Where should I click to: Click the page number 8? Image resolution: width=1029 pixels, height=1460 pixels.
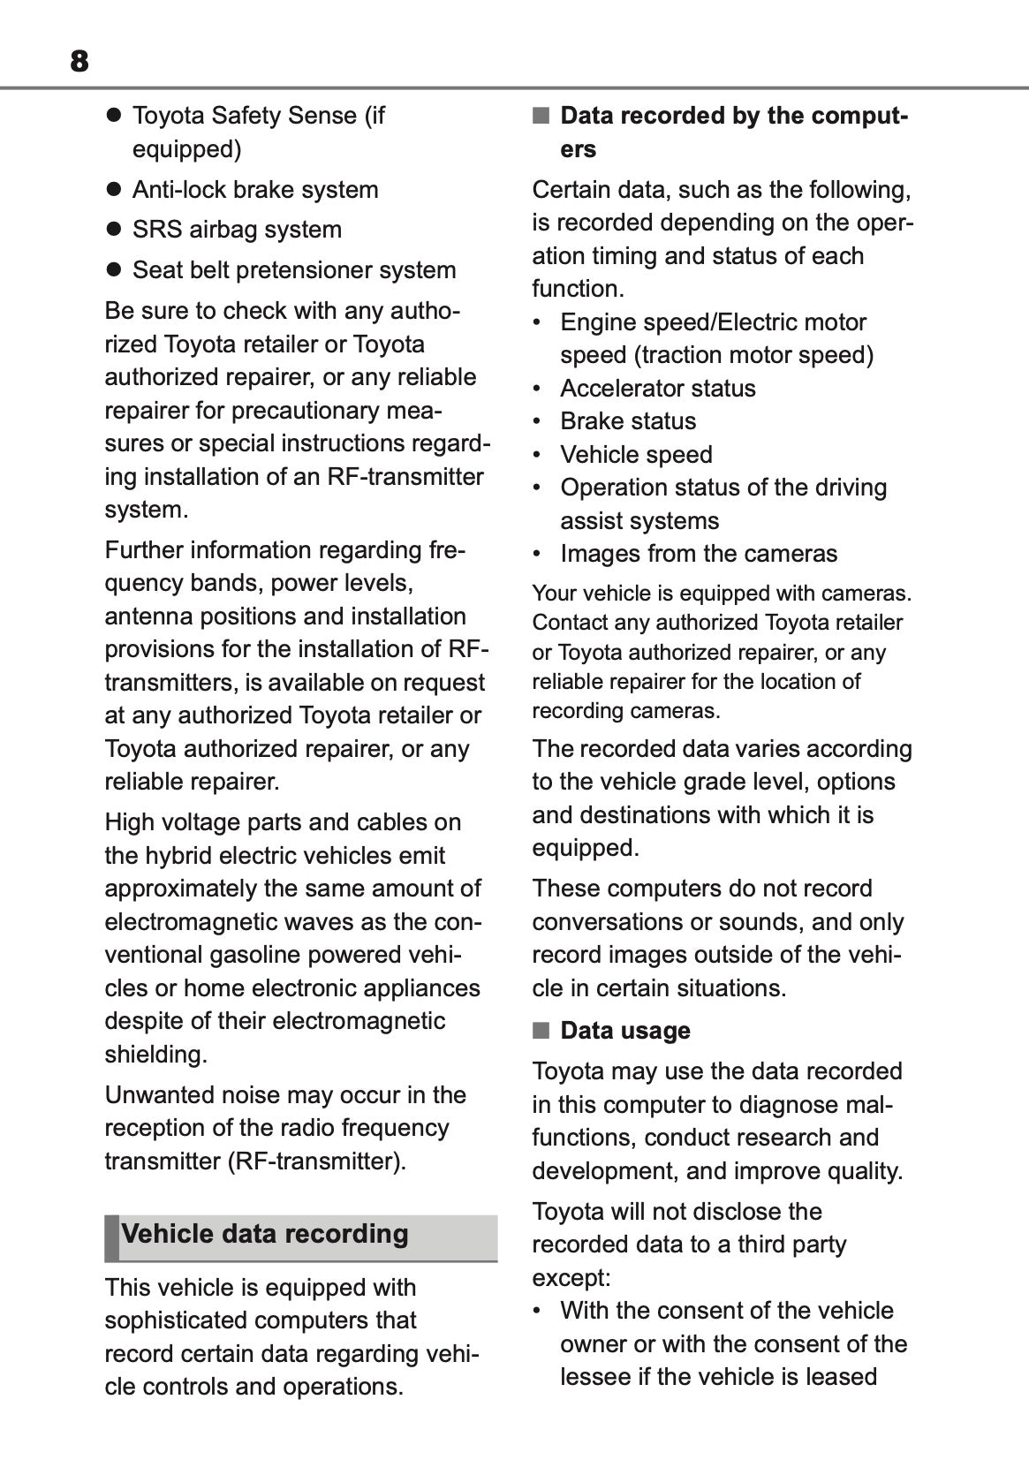[79, 61]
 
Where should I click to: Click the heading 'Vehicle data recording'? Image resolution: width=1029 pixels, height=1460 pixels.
[264, 1234]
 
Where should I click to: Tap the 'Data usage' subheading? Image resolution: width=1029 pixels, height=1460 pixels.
[624, 1031]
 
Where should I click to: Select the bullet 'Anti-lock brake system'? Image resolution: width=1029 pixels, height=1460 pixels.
[254, 190]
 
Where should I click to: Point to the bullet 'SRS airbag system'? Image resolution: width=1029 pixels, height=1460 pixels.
[236, 230]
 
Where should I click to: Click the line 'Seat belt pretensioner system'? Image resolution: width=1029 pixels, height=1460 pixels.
[293, 270]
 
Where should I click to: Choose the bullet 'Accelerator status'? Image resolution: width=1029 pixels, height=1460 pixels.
[657, 389]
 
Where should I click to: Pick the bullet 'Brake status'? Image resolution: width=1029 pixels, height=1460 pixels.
[627, 421]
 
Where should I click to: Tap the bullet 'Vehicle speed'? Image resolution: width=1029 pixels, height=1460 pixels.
[635, 455]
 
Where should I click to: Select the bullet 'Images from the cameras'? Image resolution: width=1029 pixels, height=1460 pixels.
[698, 554]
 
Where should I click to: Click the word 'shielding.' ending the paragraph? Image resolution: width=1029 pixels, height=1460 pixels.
[156, 1055]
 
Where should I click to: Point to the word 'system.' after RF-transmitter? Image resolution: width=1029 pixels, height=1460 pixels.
[147, 511]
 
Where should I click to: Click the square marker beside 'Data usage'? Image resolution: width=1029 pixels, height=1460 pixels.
[541, 1031]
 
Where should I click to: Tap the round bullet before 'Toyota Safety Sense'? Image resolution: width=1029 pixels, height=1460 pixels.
[113, 116]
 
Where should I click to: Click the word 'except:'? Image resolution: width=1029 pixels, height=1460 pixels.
[571, 1278]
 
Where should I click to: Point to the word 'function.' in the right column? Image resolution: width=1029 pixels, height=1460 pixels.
[578, 289]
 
